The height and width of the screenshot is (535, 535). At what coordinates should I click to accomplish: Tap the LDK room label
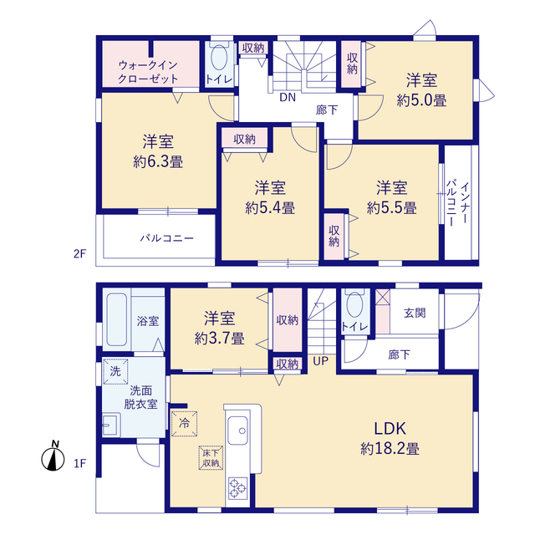390,429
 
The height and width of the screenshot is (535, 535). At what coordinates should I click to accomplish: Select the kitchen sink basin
237,431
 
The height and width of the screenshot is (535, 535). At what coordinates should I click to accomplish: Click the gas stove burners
237,488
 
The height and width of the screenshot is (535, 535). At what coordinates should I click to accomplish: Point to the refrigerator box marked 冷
184,424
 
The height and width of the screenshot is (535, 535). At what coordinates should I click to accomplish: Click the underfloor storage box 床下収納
211,458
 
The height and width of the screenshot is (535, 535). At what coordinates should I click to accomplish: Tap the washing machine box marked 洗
115,371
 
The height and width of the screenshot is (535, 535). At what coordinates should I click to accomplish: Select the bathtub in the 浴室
117,319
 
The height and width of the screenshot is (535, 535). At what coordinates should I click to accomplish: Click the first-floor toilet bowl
354,304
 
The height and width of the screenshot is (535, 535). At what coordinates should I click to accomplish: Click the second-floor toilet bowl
219,57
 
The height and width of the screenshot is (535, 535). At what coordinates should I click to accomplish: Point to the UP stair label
321,360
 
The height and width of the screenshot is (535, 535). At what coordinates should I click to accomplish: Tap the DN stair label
288,98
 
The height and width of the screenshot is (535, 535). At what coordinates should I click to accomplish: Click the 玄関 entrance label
415,313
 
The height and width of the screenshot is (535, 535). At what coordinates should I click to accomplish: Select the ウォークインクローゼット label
148,72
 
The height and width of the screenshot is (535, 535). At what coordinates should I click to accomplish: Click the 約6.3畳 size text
158,161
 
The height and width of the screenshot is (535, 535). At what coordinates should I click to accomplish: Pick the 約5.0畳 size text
421,100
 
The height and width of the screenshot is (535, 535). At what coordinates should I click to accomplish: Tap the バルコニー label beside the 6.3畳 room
167,237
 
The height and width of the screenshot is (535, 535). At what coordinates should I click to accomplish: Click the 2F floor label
80,254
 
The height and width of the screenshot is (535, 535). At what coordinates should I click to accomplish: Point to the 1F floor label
80,464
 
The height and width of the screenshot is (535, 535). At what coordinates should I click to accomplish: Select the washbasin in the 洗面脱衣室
111,425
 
